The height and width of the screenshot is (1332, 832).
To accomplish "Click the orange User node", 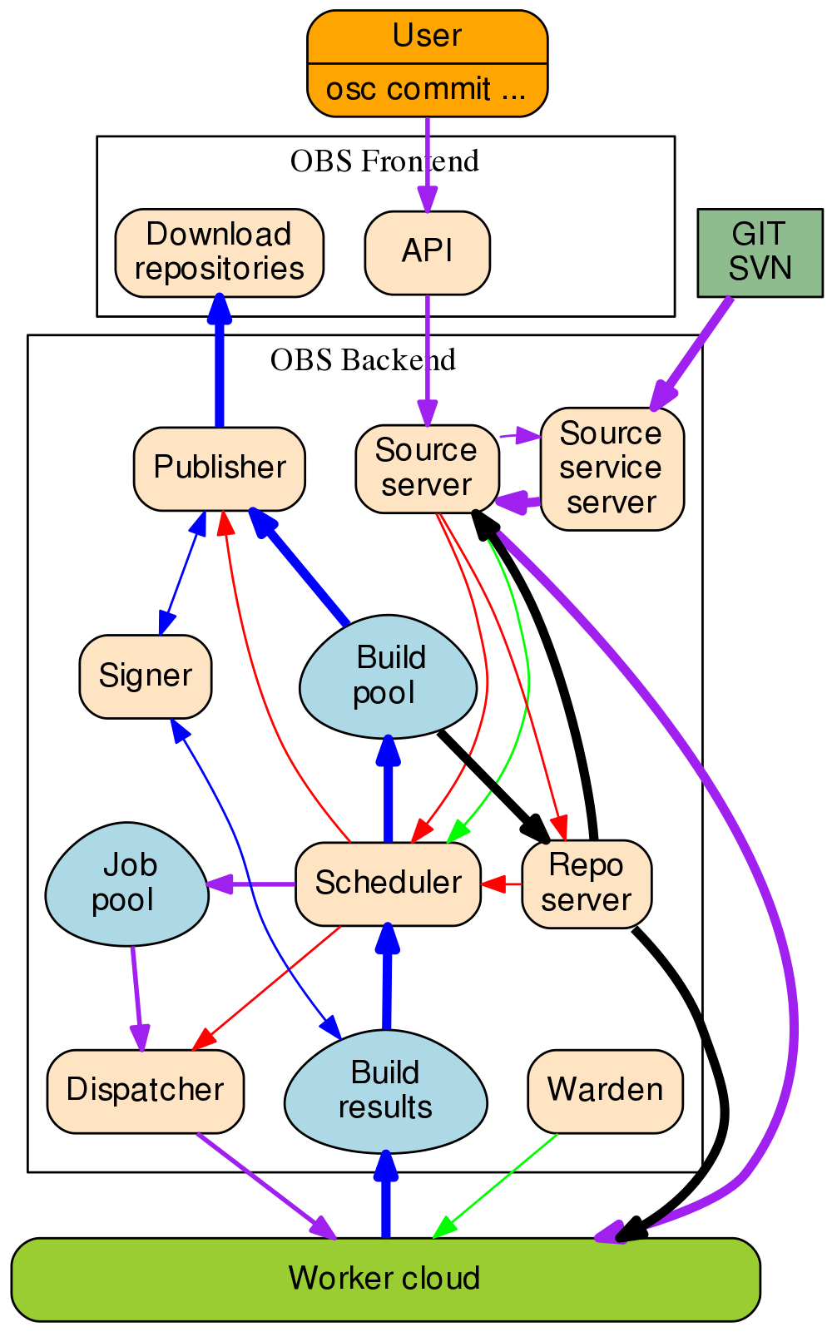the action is [x=427, y=63].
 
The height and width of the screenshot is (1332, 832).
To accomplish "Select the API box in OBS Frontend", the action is [x=427, y=252].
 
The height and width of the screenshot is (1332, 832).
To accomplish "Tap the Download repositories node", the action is [x=219, y=252].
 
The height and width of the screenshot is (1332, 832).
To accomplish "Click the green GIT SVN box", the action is [x=760, y=252].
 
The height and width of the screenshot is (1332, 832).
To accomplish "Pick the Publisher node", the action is [x=219, y=468].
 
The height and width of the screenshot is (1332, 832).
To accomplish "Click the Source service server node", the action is [x=612, y=468].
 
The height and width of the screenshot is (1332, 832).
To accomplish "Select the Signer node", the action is [x=145, y=676].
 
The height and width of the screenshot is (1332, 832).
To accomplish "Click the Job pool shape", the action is [x=126, y=884].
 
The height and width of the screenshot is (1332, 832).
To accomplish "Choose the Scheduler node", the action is [x=388, y=884].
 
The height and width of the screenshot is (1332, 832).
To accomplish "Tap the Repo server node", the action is [x=587, y=884].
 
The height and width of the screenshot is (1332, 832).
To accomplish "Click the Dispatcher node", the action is [x=145, y=1092].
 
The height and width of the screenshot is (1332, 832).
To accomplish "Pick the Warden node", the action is [x=605, y=1092].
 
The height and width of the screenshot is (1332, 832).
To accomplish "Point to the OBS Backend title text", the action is [x=363, y=359].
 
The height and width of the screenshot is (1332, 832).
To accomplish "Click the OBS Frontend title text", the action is [x=384, y=161].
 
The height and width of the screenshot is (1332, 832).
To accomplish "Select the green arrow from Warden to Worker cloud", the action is [x=496, y=1186].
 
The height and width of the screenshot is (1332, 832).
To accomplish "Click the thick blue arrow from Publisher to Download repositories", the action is [x=219, y=360].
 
